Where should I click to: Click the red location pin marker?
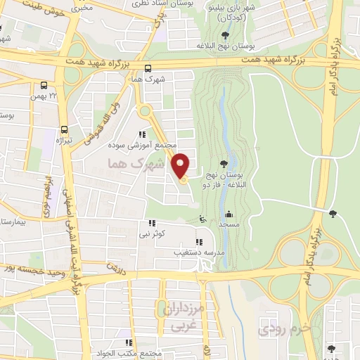(x=181, y=165)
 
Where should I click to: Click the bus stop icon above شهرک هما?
(x=148, y=69)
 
